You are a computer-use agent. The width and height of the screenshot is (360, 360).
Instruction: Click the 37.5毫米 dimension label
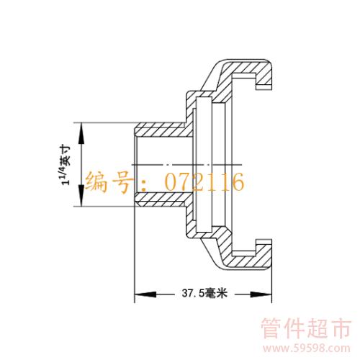(x=204, y=293)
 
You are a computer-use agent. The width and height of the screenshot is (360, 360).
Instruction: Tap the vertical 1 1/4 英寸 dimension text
(x=66, y=165)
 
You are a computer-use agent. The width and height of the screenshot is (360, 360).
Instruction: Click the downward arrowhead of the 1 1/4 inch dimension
(x=81, y=196)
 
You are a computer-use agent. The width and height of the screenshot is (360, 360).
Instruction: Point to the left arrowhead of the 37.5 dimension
(x=145, y=294)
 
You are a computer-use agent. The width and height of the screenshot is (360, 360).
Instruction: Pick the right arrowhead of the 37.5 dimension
(x=261, y=294)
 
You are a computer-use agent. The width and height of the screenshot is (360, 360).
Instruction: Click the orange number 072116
(x=204, y=181)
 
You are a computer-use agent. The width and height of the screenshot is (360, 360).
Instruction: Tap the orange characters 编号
(x=109, y=181)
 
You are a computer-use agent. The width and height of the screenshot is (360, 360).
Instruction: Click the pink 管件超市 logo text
(x=307, y=328)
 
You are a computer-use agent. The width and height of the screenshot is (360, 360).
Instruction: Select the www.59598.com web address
(x=307, y=348)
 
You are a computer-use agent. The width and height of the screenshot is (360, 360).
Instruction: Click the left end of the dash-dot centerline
(x=132, y=165)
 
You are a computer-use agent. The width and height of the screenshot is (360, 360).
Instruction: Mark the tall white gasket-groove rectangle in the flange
(x=204, y=165)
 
